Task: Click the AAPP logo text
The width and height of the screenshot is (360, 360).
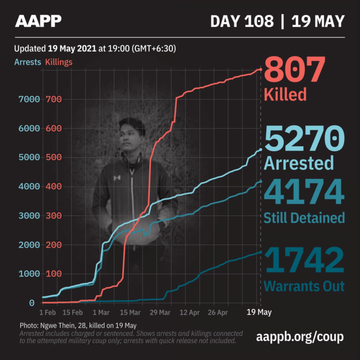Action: tap(38, 21)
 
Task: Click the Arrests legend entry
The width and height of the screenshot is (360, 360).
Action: tap(28, 62)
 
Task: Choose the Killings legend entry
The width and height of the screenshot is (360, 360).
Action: tap(59, 62)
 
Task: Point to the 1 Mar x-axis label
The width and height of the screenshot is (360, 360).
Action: tap(102, 312)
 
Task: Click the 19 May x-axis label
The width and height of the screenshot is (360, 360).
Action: tap(260, 312)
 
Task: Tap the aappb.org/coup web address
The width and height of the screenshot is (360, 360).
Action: tap(300, 337)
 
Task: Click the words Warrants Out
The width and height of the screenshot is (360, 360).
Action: tap(304, 286)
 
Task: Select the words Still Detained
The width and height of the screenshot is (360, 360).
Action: tap(304, 217)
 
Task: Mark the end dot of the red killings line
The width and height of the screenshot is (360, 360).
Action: tap(261, 69)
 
